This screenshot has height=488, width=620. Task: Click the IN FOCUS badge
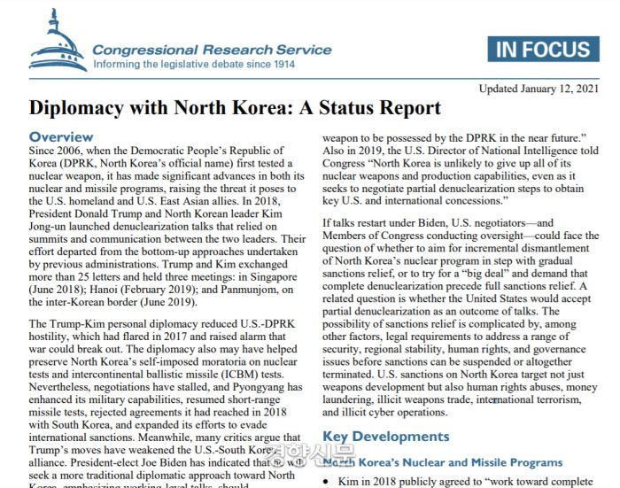[x=543, y=49]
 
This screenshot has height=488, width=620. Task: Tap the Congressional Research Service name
[x=212, y=50]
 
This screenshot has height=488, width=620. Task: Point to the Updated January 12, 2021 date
[x=539, y=89]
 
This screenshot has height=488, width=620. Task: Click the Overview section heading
[x=61, y=137]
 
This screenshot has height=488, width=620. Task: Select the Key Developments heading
[x=385, y=437]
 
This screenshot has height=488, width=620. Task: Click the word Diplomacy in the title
[x=74, y=109]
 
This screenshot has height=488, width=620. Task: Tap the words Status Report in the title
[x=384, y=109]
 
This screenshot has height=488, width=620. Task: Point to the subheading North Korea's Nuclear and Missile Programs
[x=442, y=462]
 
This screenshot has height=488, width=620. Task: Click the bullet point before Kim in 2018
[x=328, y=482]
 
